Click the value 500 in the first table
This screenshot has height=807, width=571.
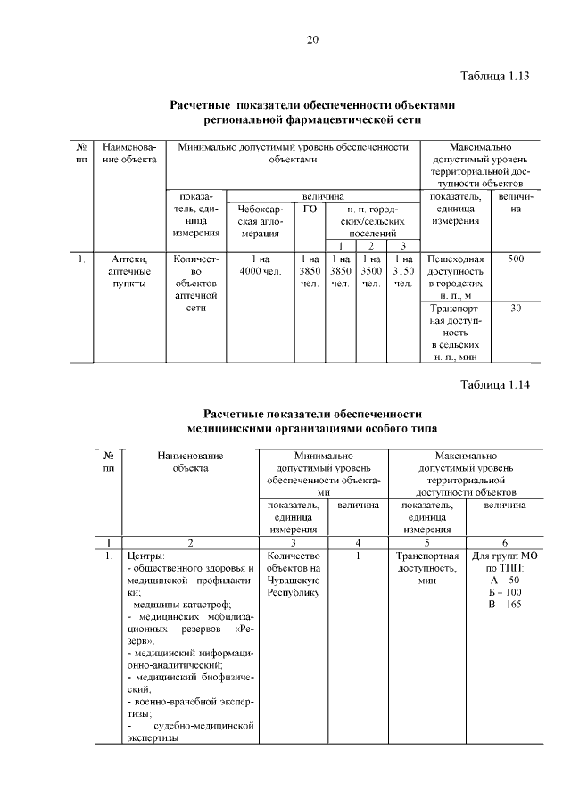click(x=516, y=259)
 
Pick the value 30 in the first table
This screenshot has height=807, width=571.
click(x=516, y=308)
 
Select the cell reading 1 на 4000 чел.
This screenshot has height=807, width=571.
click(x=261, y=265)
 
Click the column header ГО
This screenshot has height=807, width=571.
click(x=310, y=208)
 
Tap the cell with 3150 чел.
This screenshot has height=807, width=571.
click(x=403, y=271)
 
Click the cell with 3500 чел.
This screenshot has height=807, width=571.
click(x=371, y=271)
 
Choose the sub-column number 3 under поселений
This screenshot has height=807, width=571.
click(x=403, y=245)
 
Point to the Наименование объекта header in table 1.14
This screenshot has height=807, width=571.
click(x=189, y=461)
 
